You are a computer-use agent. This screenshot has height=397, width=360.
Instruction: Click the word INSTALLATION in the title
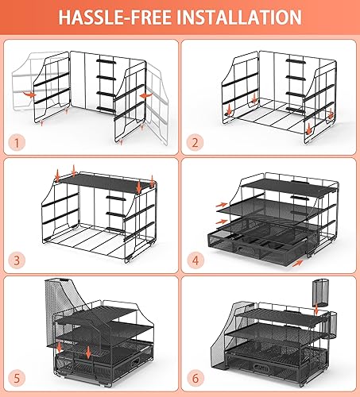coord(245,17)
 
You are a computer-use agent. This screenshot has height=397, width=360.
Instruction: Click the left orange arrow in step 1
coord(29,93)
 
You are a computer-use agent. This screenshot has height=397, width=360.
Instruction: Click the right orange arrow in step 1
coord(145,94)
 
